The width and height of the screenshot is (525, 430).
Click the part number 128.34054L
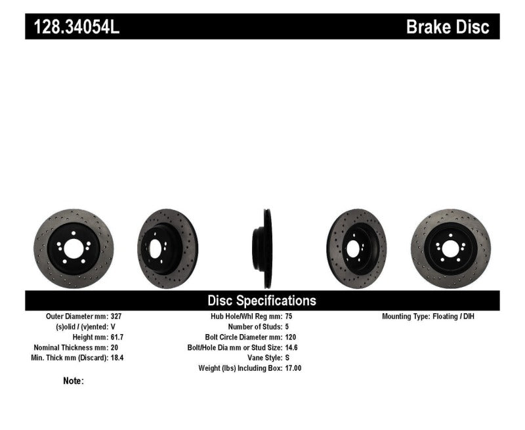pos(73,27)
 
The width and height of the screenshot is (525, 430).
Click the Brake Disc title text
pos(448,27)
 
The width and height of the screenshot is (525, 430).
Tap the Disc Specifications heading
pos(262,301)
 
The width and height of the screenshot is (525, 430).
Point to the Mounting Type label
pos(406,316)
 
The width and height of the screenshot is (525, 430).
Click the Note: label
pos(73,381)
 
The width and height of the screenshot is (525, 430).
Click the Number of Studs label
pos(255,326)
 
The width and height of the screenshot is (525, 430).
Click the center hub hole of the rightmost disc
pos(451,249)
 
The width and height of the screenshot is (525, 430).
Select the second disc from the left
pos(167,249)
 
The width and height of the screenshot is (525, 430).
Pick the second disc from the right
pos(358,249)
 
